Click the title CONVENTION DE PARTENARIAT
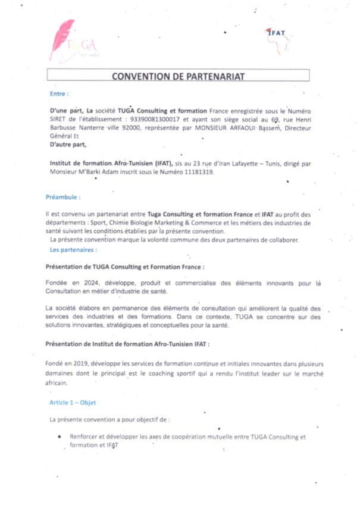[x=178, y=76]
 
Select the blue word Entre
[x=59, y=93]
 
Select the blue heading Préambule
[x=63, y=197]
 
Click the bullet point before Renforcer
[x=60, y=437]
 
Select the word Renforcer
[x=84, y=437]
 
